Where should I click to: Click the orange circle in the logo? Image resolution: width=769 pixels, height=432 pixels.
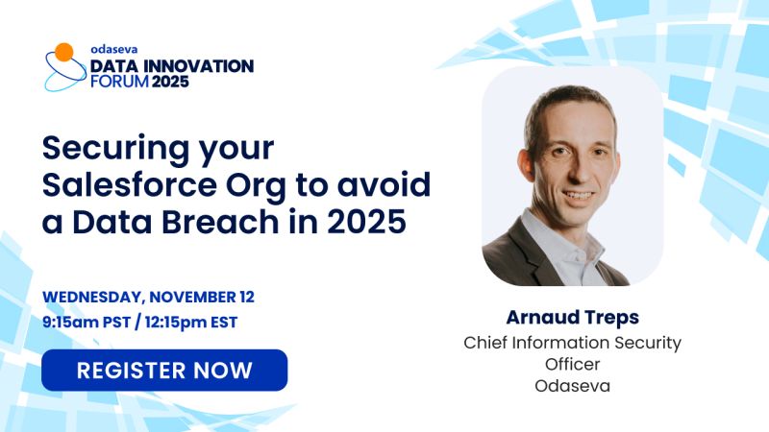coord(63,52)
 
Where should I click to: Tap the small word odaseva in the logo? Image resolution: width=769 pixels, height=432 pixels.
coord(112,48)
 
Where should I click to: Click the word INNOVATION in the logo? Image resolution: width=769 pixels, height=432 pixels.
coord(199,65)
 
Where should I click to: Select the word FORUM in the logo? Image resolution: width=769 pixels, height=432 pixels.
coord(123,83)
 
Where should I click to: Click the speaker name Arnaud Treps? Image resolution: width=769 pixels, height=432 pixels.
coord(572,318)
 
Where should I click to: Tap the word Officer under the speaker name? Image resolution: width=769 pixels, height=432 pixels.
coord(572,365)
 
